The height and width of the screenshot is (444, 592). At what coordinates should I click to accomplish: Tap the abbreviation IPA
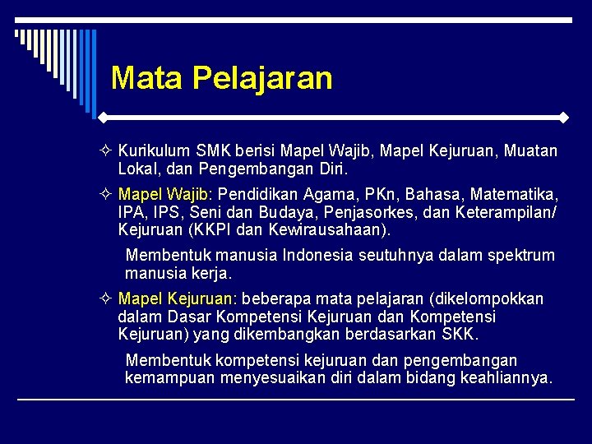pos(131,213)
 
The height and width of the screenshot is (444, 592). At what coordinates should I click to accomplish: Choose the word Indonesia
pos(318,255)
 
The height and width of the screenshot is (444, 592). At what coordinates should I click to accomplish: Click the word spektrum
pos(520,255)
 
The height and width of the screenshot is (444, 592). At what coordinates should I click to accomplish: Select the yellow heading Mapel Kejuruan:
pos(178,298)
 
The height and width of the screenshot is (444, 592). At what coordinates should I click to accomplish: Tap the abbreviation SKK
pos(459,335)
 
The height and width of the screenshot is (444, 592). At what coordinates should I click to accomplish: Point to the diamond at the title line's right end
pos(563,118)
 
